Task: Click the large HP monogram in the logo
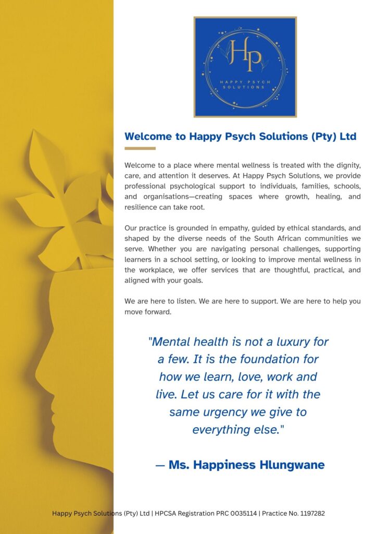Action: coord(246,55)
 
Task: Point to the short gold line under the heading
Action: coord(140,149)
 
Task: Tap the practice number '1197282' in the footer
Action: coord(310,514)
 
